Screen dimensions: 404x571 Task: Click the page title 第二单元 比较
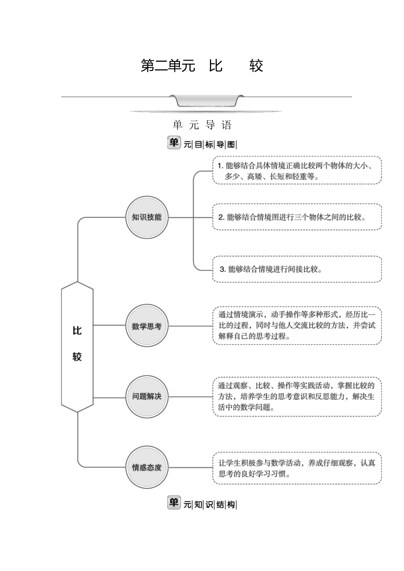coord(202,66)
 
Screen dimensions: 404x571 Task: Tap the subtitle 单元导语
coord(202,125)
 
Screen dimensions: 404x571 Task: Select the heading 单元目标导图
coord(202,143)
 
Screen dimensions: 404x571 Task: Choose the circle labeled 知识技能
coord(147,217)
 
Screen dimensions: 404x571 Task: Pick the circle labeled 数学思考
coord(147,325)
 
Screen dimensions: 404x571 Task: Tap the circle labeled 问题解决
coord(147,396)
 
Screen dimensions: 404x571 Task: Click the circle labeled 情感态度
coord(147,467)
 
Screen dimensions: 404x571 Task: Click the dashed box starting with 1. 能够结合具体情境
coord(297,170)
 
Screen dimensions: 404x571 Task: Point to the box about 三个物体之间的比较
coord(297,217)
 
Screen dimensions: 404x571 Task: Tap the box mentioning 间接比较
coord(297,269)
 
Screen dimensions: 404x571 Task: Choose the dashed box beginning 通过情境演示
coord(297,325)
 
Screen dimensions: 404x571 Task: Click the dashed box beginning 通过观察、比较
coord(297,397)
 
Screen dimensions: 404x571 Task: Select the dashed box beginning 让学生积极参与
coord(297,468)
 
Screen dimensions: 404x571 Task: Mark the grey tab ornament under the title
coord(206,101)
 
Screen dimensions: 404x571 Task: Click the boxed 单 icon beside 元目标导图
coord(174,142)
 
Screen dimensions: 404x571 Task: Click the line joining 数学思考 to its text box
coord(191,326)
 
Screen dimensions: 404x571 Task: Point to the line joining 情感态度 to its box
coord(191,468)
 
